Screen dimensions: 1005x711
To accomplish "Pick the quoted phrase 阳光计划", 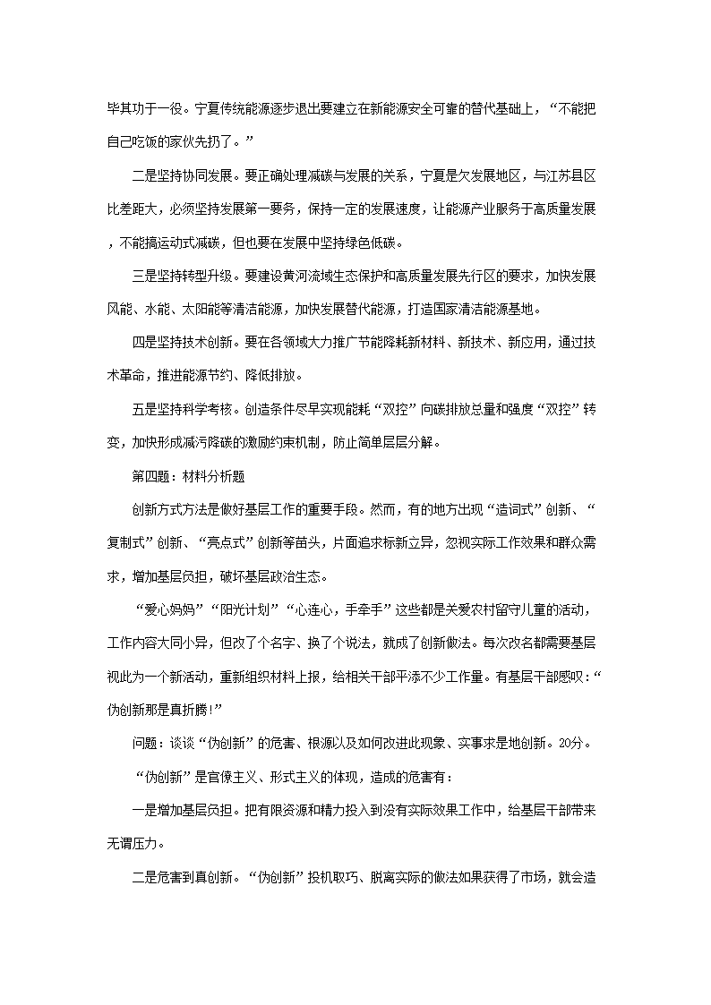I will (243, 610).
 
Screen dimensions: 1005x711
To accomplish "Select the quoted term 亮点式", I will (226, 543).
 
